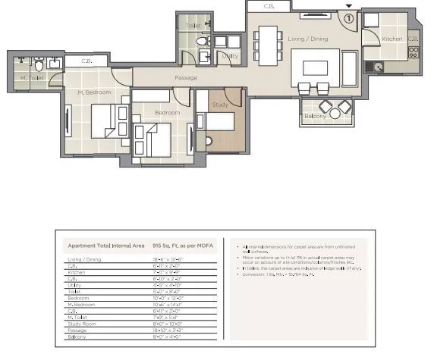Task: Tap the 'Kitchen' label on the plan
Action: click(x=392, y=39)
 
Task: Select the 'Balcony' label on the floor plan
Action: click(x=315, y=116)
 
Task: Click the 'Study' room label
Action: click(x=220, y=105)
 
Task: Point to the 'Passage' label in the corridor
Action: click(x=186, y=78)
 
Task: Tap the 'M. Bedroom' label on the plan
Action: click(x=95, y=92)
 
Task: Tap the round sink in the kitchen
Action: click(x=379, y=67)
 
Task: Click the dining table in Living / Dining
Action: click(x=266, y=44)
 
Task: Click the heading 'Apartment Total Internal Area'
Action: click(x=106, y=246)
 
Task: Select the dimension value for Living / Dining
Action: click(x=168, y=260)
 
